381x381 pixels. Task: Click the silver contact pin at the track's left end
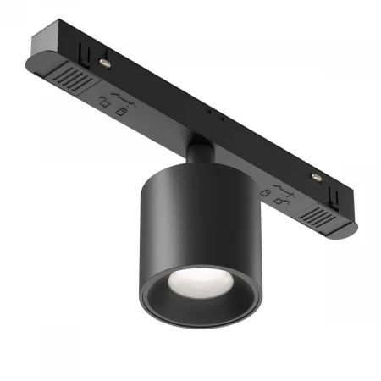104,61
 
